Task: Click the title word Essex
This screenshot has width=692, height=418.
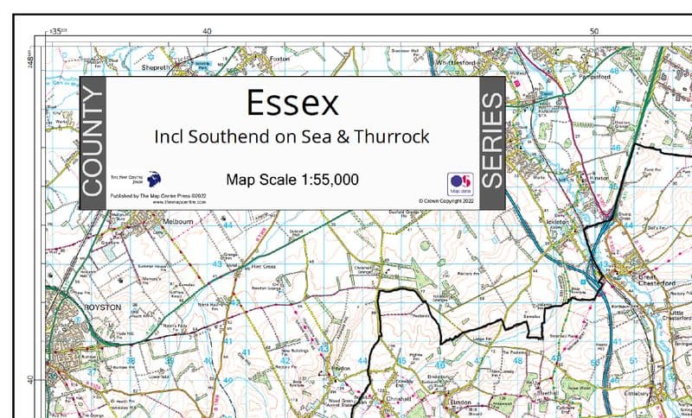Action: coord(292,103)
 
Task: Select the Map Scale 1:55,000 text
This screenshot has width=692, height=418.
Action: coord(292,180)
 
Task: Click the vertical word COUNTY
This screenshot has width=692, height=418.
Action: coord(92,142)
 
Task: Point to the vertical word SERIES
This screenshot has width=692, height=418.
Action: coord(490,142)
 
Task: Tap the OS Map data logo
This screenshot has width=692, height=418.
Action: coord(458,183)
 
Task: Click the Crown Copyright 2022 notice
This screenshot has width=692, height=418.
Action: coord(445,200)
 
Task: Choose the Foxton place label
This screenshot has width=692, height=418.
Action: coord(279,60)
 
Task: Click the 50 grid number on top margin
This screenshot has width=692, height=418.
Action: coord(594,31)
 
